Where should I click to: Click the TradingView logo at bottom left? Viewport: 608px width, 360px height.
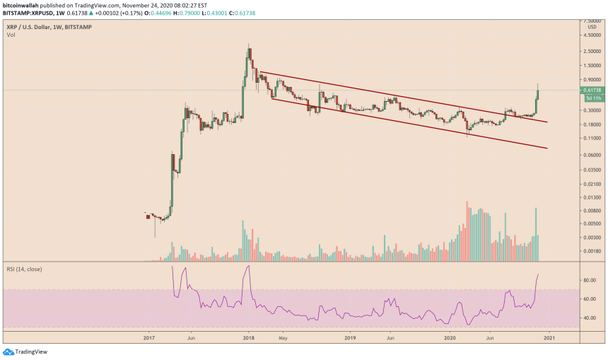coord(21,352)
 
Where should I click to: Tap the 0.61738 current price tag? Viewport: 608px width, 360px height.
coord(592,90)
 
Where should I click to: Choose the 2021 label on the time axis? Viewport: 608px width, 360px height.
coord(548,339)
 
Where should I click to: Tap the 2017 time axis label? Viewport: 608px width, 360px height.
coord(148,339)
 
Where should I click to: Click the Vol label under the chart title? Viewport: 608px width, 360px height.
coord(11,33)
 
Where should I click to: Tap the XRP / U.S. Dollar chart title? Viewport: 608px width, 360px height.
coord(28,26)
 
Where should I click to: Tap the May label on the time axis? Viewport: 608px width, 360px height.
coord(282,339)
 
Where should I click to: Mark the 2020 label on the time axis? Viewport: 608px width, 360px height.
coord(448,339)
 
